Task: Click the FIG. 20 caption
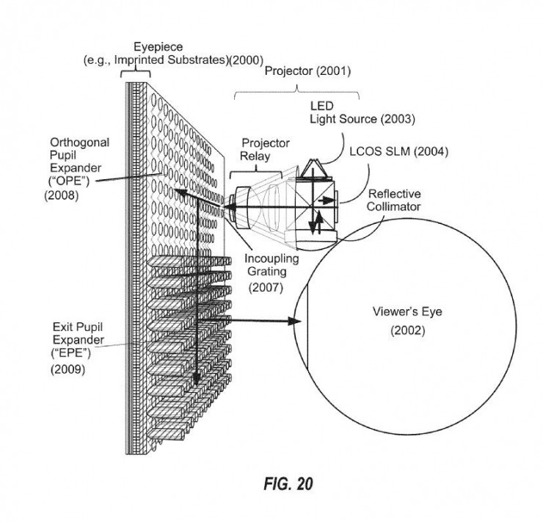tap(288, 484)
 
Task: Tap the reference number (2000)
tap(247, 60)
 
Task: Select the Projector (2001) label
tap(307, 71)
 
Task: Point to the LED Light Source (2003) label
tap(362, 112)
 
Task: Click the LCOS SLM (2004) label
tap(398, 151)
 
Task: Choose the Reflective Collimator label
tap(394, 200)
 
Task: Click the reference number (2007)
tap(266, 287)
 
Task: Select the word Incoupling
tap(271, 258)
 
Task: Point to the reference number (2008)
tap(62, 195)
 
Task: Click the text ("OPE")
tap(70, 181)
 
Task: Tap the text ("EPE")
tap(70, 353)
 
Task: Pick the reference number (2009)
tap(68, 369)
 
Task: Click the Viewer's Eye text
tap(407, 312)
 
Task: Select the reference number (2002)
tap(407, 330)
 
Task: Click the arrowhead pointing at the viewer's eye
tap(295, 321)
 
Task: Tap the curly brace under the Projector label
tap(296, 91)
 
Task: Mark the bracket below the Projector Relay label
tap(256, 171)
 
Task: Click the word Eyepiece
tap(158, 47)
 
